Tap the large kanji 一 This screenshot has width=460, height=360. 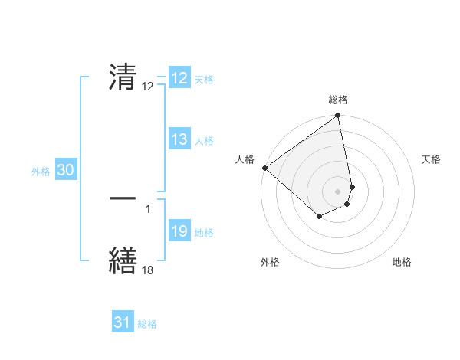123,198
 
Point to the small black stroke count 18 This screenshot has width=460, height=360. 148,269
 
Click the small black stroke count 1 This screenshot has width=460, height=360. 147,208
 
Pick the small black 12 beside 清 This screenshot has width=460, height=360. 148,87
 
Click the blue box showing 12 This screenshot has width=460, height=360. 179,78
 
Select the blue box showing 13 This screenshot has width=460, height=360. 179,139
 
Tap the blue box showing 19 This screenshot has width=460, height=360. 179,232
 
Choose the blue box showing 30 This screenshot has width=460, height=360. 65,171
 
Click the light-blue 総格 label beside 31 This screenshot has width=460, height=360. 147,324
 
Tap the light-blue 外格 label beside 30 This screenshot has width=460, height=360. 41,172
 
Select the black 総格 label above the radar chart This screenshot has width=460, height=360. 338,100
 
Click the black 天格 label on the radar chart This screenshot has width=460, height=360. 432,159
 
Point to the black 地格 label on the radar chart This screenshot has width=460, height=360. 402,262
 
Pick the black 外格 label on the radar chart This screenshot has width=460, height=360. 270,262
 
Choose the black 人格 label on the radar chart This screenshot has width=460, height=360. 245,159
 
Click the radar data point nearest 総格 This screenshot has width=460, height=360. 338,116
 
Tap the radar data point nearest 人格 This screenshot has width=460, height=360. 264,168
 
